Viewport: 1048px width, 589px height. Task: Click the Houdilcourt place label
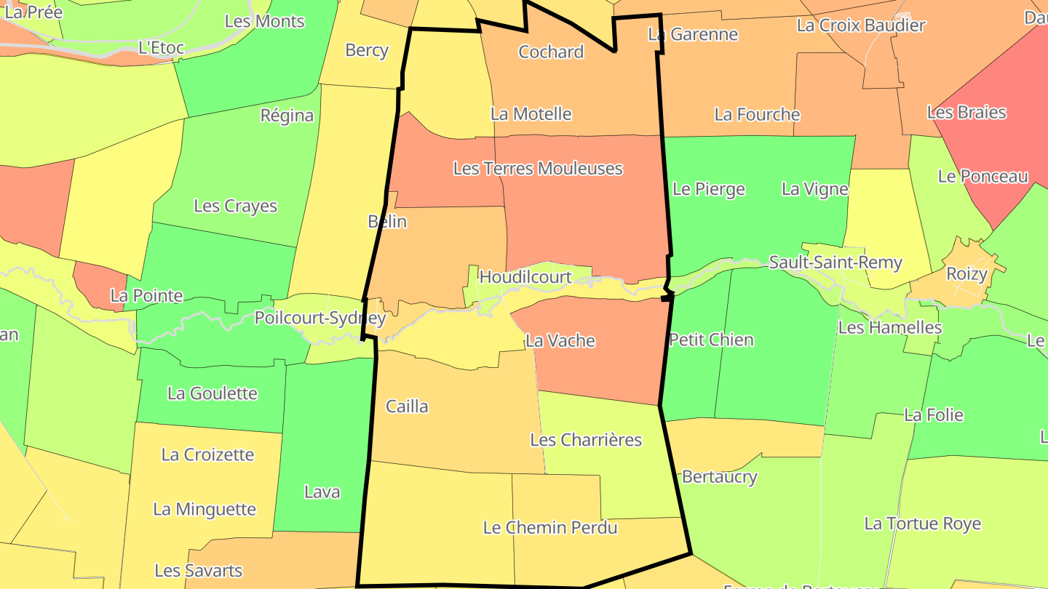coord(525,277)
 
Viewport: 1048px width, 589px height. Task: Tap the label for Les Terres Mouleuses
coord(538,169)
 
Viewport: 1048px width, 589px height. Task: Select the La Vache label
coord(560,340)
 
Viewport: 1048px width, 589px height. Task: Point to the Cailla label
coord(407,406)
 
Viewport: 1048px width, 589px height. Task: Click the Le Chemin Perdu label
coord(550,528)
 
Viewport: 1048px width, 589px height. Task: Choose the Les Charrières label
coord(586,440)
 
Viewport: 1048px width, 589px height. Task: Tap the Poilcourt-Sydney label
coord(319,318)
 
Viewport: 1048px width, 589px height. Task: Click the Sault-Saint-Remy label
coord(835,263)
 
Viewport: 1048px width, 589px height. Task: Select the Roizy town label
coord(966,274)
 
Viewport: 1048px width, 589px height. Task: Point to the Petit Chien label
coord(711,340)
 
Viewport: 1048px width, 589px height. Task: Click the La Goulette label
coord(213,393)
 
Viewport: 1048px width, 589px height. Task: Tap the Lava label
coord(322,492)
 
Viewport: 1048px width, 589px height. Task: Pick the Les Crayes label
coord(235,206)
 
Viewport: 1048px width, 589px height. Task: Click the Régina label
coord(287,116)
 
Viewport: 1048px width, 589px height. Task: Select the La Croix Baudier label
coord(861,25)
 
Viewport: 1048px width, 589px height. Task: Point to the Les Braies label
coord(966,113)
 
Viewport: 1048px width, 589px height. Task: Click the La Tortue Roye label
coord(922,524)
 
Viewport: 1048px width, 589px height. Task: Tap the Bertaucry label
coord(719,477)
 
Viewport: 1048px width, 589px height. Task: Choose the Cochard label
coord(551,52)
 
